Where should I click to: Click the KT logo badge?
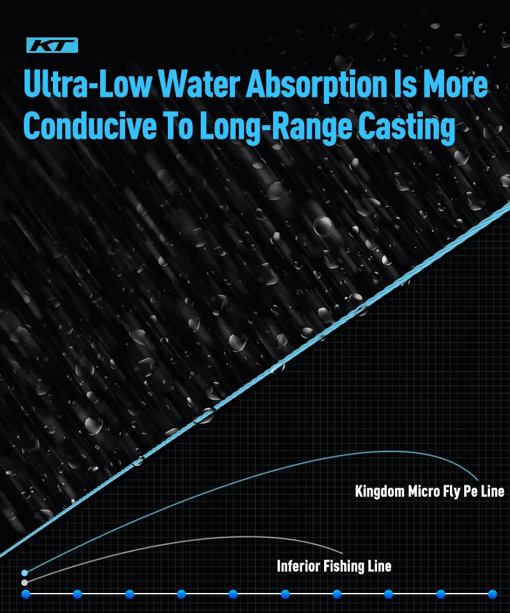[52, 45]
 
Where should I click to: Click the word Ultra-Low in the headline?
[87, 86]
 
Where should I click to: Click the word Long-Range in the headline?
[270, 127]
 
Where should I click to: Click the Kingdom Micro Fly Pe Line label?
[429, 492]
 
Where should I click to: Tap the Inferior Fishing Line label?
[334, 567]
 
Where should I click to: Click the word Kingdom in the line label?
[380, 492]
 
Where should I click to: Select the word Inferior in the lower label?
[299, 567]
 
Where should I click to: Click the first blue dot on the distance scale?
[26, 594]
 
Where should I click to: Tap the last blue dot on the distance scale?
[493, 594]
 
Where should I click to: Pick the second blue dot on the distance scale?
[77, 594]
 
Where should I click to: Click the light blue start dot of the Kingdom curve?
[25, 572]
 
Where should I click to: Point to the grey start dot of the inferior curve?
[25, 583]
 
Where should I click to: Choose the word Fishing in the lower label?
[345, 567]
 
